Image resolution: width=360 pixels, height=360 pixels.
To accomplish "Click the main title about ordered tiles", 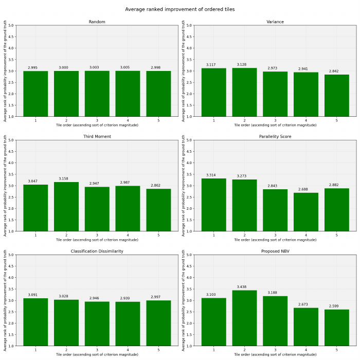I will [180, 9].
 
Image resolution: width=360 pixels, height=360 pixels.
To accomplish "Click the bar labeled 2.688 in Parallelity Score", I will [306, 212].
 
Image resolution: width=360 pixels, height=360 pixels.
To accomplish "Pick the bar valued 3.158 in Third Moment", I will [66, 206].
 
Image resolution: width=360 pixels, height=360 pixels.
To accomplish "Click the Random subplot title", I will [97, 22].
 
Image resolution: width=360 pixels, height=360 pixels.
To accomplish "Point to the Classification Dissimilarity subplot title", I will [97, 251].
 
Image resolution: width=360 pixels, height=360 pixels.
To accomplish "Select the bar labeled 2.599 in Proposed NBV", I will [337, 328].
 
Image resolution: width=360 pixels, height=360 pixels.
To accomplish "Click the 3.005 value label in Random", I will [128, 67].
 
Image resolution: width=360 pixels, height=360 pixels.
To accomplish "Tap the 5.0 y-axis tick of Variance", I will [188, 25].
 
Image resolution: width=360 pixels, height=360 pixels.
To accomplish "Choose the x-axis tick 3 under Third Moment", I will [97, 235].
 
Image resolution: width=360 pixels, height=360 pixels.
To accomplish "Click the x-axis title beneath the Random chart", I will [97, 125].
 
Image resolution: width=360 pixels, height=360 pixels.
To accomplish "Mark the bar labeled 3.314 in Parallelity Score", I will [213, 205].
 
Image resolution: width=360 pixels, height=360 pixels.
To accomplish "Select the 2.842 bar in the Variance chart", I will [337, 96].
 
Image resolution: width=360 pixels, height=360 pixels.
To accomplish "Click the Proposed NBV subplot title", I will [275, 251].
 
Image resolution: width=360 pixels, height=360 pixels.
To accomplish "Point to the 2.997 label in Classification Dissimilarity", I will [158, 297].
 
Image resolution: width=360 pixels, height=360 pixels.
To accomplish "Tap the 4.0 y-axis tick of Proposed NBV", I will [188, 278].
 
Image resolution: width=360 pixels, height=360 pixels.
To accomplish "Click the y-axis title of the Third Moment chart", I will [5, 186].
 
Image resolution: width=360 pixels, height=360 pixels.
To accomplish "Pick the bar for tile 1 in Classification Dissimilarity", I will [35, 322].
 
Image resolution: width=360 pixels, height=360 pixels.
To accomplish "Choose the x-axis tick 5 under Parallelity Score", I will [337, 235].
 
